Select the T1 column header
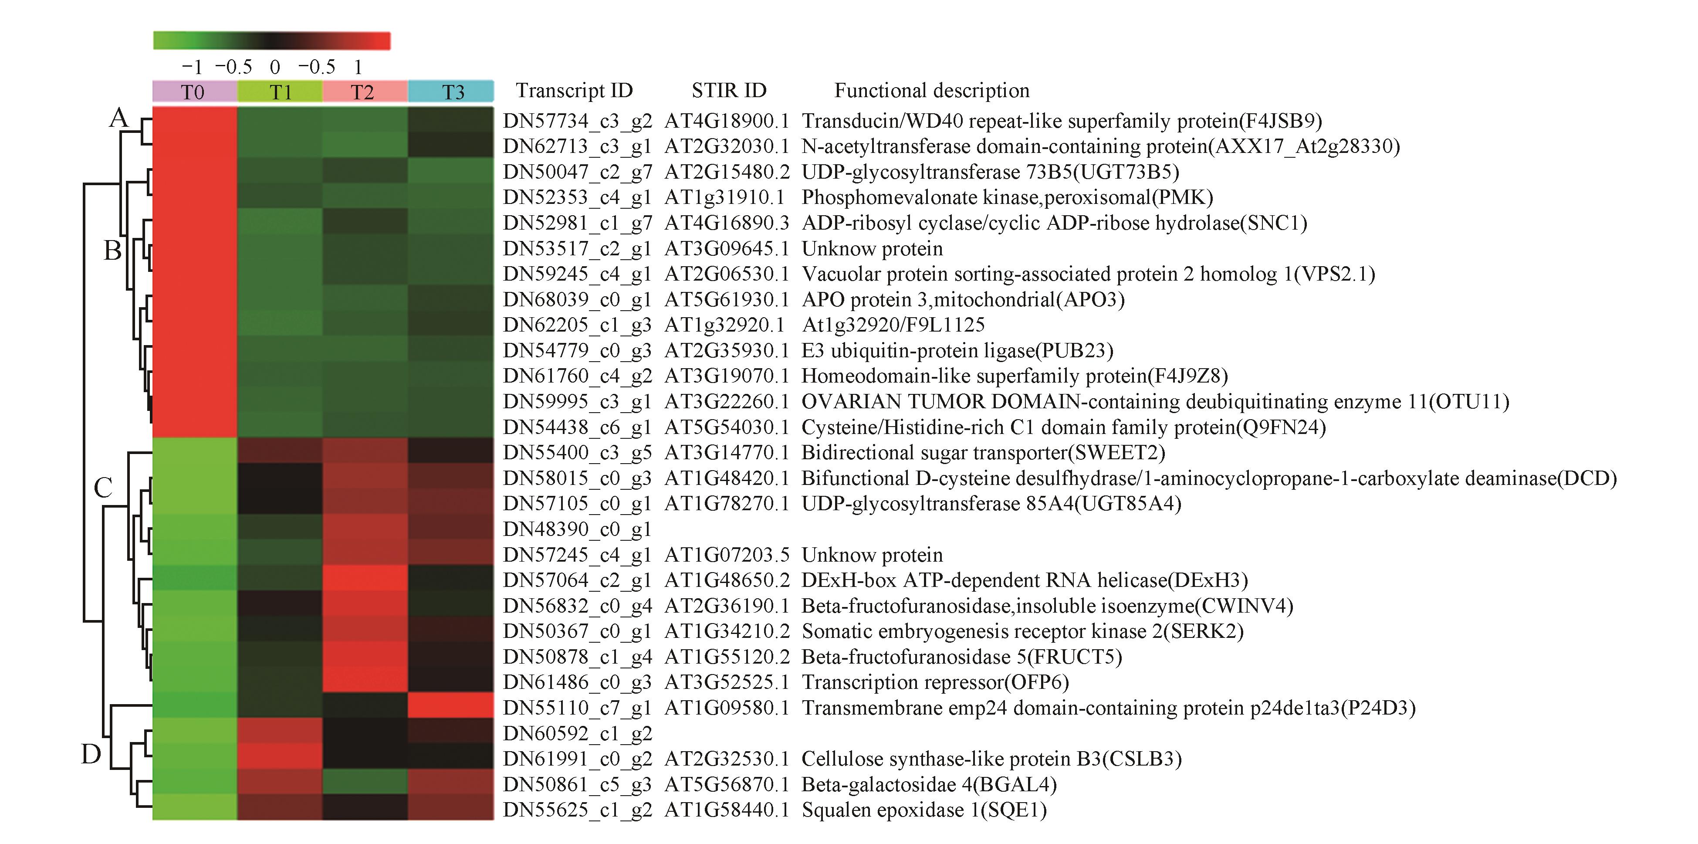[280, 92]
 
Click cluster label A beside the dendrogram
[118, 118]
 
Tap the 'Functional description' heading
[931, 90]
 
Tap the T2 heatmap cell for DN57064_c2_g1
[365, 578]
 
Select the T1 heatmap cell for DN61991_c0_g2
[280, 756]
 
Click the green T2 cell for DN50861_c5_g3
[365, 782]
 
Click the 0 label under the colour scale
[275, 67]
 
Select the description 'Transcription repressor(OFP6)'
[935, 682]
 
